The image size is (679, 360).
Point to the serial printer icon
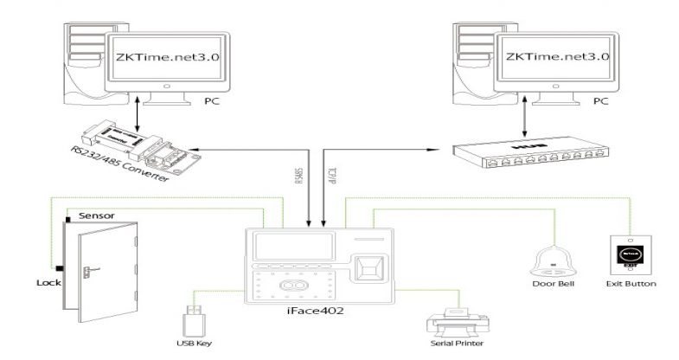tap(452, 324)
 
